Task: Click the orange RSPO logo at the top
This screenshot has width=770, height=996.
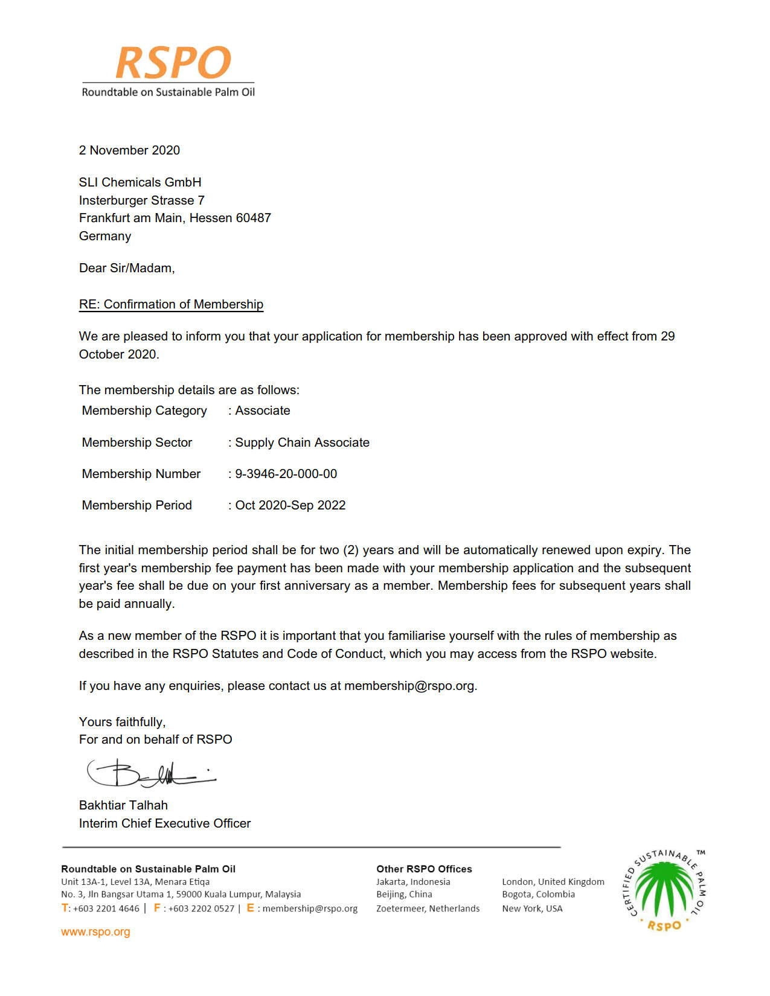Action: [173, 63]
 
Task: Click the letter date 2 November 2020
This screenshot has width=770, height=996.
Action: [129, 150]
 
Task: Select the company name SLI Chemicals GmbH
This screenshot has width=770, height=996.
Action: [140, 182]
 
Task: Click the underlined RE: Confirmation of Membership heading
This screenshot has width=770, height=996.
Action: [171, 304]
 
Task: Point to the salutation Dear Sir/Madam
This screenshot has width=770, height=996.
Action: [127, 268]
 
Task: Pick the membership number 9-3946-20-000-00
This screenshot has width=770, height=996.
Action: [286, 474]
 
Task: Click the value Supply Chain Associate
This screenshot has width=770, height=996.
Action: [302, 442]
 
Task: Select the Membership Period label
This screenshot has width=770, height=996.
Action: [137, 505]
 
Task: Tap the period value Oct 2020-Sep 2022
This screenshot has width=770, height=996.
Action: [290, 505]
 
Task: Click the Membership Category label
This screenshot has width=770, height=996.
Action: [144, 410]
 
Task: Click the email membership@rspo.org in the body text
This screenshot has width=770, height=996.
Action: [410, 686]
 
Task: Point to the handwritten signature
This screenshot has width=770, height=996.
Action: [151, 773]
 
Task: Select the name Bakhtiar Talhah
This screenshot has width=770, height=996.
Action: [123, 805]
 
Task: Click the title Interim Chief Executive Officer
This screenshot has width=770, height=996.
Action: [165, 823]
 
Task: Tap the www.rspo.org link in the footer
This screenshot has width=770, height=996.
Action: [95, 932]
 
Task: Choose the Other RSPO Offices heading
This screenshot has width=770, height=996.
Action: [424, 869]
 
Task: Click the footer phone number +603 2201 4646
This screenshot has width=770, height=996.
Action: [106, 908]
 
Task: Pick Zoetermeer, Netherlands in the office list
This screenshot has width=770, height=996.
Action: [428, 908]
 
